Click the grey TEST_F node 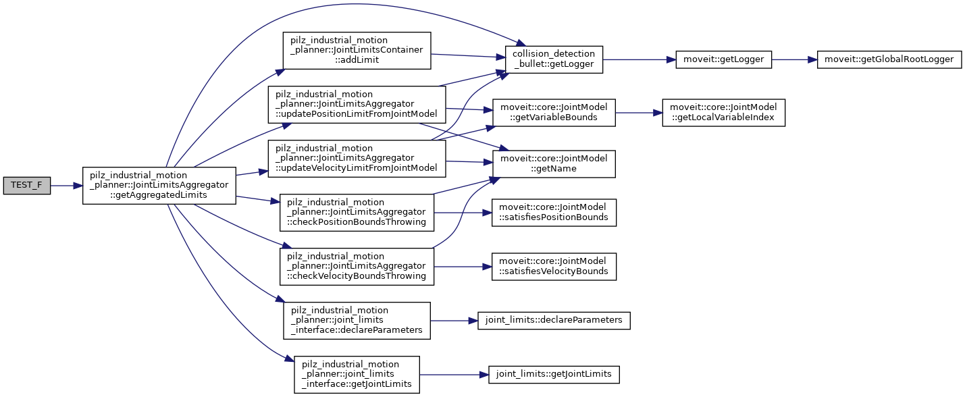coord(26,185)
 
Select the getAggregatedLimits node coord(159,185)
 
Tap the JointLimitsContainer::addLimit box coord(357,50)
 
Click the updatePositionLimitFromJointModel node coord(356,104)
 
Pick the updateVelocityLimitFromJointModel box coord(356,158)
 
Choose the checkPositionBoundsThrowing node coord(357,212)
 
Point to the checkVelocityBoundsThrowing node coord(357,266)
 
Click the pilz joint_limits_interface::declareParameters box coord(357,320)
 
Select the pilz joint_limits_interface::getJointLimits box coord(357,374)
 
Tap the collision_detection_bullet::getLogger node coord(554,59)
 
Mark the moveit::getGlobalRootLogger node coord(889,59)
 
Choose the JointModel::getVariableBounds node coord(554,113)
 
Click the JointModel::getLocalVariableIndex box coord(723,113)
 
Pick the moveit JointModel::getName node coord(554,163)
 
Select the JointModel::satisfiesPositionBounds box coord(554,212)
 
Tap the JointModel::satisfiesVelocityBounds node coord(554,266)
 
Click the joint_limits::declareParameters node coord(554,320)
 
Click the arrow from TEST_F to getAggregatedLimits coord(66,185)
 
